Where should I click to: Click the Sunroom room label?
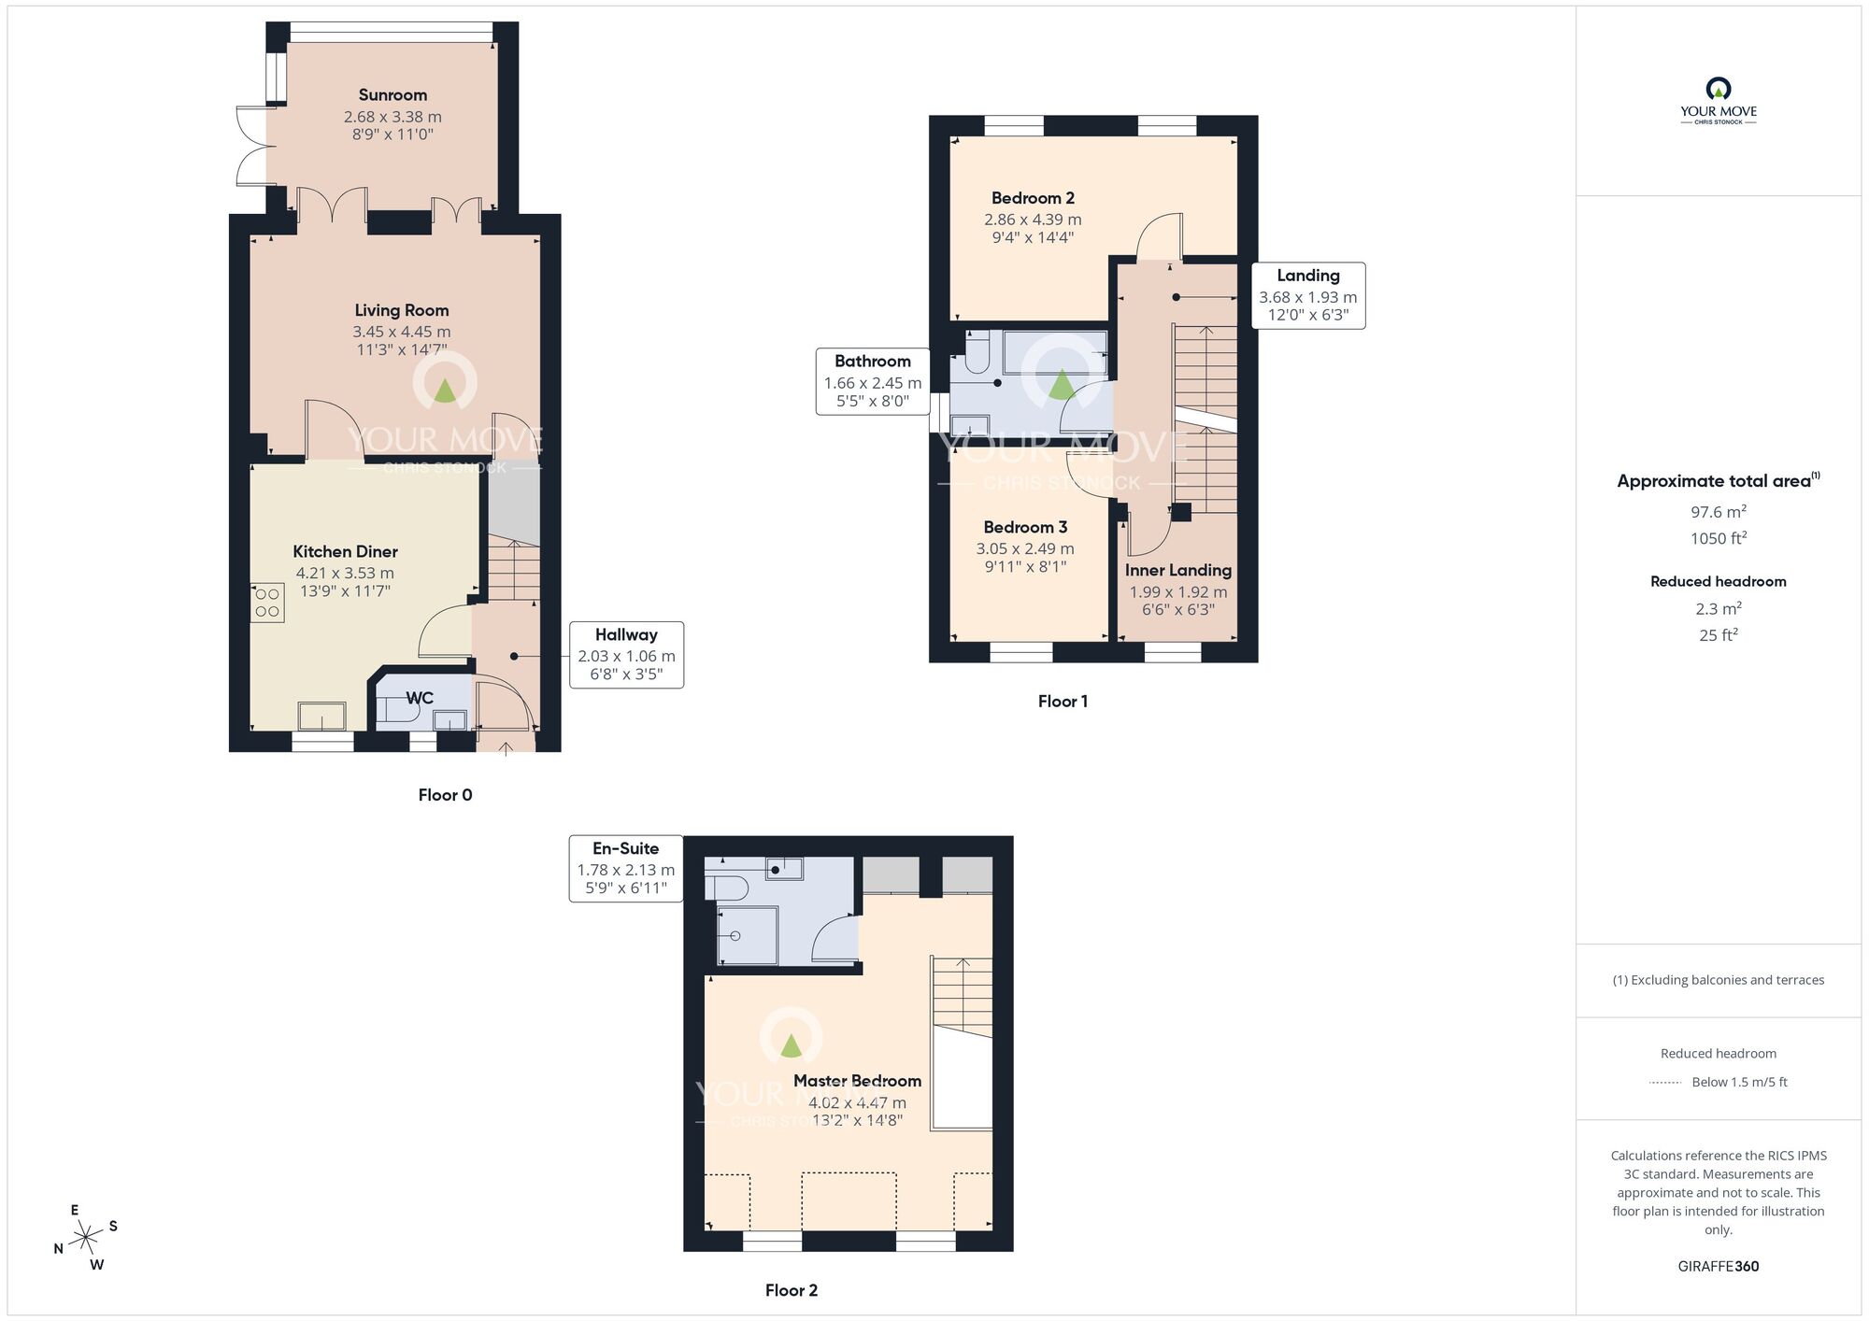tap(392, 95)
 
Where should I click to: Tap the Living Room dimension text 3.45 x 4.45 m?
tap(402, 332)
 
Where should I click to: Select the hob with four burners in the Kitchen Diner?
tap(267, 603)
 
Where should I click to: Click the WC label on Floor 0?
tap(420, 698)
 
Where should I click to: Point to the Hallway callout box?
tap(626, 655)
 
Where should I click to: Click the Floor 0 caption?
tap(445, 795)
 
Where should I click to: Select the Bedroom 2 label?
tap(1033, 198)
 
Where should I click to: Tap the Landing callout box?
tap(1308, 295)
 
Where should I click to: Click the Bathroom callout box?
tap(873, 381)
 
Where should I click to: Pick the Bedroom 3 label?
tap(1025, 527)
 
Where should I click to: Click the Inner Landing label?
tap(1178, 570)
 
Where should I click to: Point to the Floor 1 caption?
tap(1063, 702)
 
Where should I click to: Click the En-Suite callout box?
tap(626, 869)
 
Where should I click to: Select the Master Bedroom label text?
tap(857, 1081)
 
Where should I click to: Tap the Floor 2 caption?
tap(792, 1290)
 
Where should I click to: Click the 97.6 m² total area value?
tap(1719, 512)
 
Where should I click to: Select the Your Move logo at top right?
tap(1719, 101)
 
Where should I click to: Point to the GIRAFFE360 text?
tap(1719, 1267)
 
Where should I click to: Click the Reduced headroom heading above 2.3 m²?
tap(1719, 581)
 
